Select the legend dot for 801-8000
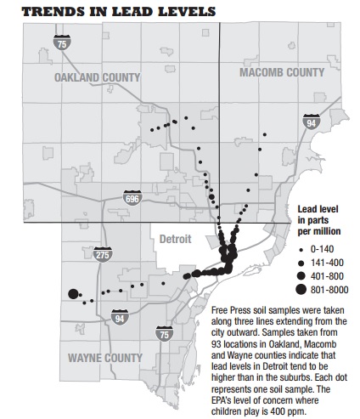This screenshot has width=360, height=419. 303,290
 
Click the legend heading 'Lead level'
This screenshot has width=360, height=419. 319,207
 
